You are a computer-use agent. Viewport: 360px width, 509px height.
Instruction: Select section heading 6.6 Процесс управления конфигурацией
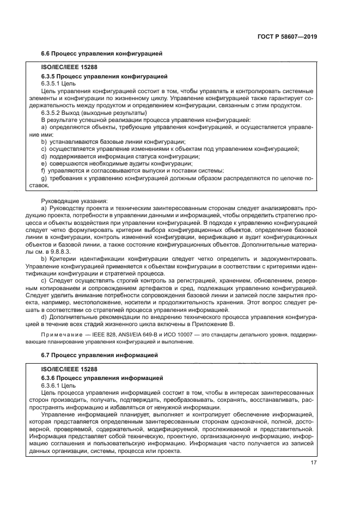click(x=102, y=53)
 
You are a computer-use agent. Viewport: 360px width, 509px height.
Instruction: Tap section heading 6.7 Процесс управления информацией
click(x=99, y=355)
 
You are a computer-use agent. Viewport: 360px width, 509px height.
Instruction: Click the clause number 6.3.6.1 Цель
click(x=59, y=385)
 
